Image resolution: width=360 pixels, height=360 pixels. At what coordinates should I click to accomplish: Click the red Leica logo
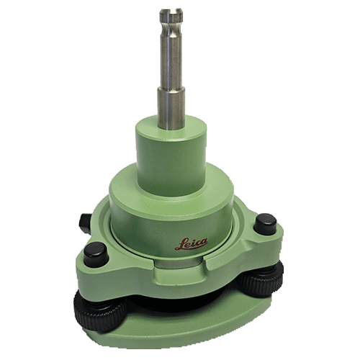pos(192,244)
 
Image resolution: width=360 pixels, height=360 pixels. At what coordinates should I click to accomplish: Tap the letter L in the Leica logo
pos(180,245)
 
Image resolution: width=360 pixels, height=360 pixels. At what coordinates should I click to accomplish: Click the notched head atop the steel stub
pos(171,16)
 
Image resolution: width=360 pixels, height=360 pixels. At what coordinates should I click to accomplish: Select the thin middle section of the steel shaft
pos(171,55)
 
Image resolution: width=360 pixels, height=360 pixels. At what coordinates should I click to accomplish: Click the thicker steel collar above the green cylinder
pos(171,108)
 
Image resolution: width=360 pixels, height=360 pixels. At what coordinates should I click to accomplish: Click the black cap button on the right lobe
pos(265,224)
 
